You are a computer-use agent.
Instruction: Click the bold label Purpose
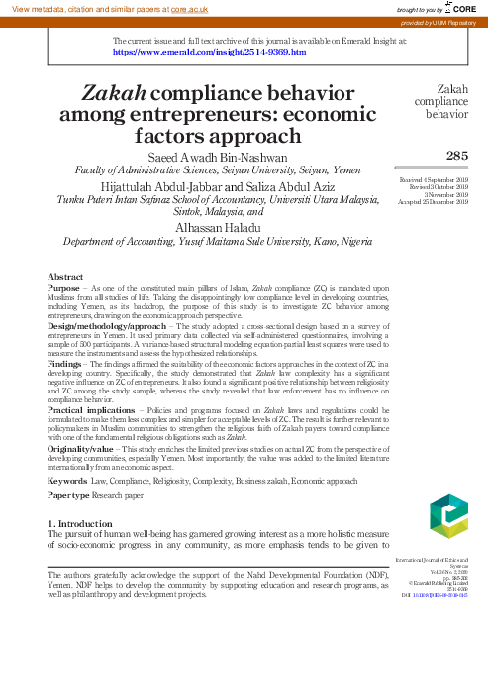[x=65, y=287]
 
